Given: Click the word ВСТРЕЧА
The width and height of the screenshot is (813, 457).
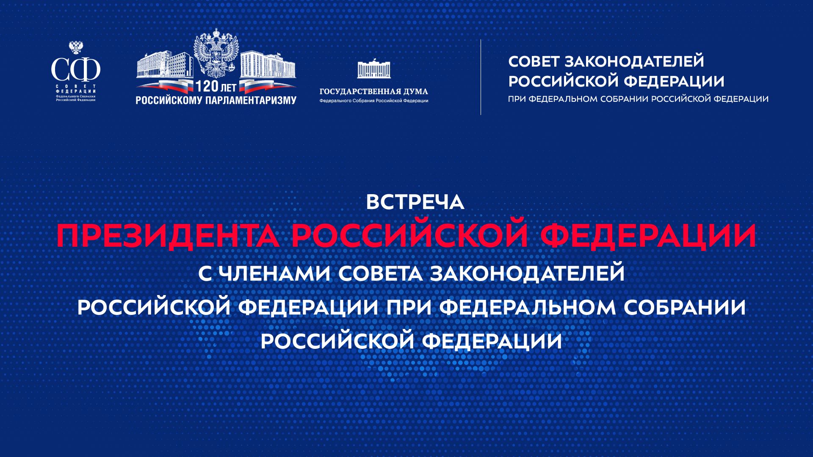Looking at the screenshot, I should [415, 202].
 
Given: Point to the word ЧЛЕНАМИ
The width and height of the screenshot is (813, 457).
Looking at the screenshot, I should [276, 274].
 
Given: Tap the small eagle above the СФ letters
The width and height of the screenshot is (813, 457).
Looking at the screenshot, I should [76, 47].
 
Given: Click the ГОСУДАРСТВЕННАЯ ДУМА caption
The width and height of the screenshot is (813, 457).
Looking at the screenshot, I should [373, 92].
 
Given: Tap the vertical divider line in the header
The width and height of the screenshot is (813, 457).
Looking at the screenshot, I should [481, 77].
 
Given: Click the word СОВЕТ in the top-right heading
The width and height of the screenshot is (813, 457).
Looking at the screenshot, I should [534, 62].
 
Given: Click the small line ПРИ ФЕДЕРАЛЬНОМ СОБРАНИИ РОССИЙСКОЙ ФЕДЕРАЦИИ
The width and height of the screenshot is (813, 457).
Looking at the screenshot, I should [638, 99].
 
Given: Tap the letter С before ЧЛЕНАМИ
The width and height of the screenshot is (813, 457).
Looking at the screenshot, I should [205, 274].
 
